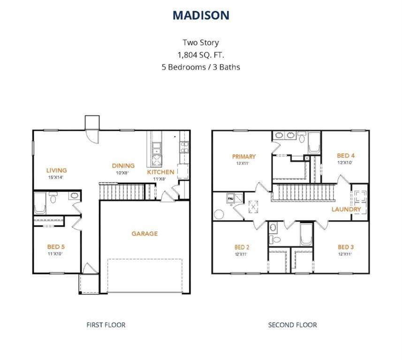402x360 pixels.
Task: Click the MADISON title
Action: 201,15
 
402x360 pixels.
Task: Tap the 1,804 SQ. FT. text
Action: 201,54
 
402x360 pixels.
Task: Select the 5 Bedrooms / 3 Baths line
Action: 201,67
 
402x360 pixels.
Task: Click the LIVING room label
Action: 56,170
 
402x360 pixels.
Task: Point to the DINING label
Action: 123,165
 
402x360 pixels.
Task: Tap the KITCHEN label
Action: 160,172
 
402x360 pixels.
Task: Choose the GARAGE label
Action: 144,233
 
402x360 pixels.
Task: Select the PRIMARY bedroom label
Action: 243,157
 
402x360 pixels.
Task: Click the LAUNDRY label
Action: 346,209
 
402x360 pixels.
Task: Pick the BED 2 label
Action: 241,247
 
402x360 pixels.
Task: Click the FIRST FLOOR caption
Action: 106,324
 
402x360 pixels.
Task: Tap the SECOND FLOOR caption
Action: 292,324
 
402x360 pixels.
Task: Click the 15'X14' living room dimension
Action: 56,177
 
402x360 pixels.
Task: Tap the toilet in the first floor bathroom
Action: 53,199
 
